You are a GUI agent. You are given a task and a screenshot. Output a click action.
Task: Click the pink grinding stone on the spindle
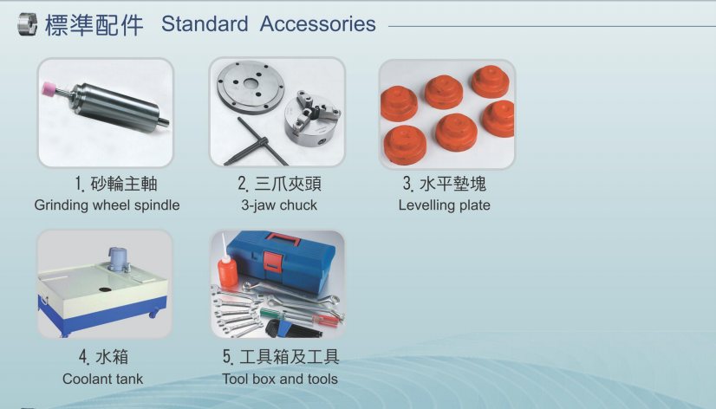(x=49, y=88)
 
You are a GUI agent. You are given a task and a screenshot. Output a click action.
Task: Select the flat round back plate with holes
(x=251, y=87)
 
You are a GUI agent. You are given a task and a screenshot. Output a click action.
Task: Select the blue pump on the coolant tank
(x=118, y=259)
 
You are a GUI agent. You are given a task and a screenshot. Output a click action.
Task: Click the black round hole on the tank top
(x=105, y=289)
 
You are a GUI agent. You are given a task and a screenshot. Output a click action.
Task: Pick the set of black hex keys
(x=291, y=328)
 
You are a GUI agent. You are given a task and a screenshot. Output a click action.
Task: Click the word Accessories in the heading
(x=317, y=23)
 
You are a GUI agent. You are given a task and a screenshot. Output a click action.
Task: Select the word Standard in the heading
(x=205, y=23)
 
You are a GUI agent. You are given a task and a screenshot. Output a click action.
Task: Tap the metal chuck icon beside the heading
(x=28, y=24)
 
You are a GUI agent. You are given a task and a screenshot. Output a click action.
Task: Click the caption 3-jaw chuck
(x=279, y=205)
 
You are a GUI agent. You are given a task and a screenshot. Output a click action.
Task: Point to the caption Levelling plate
(x=445, y=205)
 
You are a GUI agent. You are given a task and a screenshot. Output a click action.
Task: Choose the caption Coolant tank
(x=103, y=379)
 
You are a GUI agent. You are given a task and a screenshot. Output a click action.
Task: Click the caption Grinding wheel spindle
(x=107, y=205)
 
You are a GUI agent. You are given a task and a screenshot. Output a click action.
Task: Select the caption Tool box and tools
(x=280, y=379)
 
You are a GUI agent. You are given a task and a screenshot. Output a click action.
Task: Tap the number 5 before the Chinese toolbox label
(x=227, y=356)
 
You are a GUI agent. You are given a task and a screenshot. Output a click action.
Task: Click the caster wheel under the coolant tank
(x=153, y=314)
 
